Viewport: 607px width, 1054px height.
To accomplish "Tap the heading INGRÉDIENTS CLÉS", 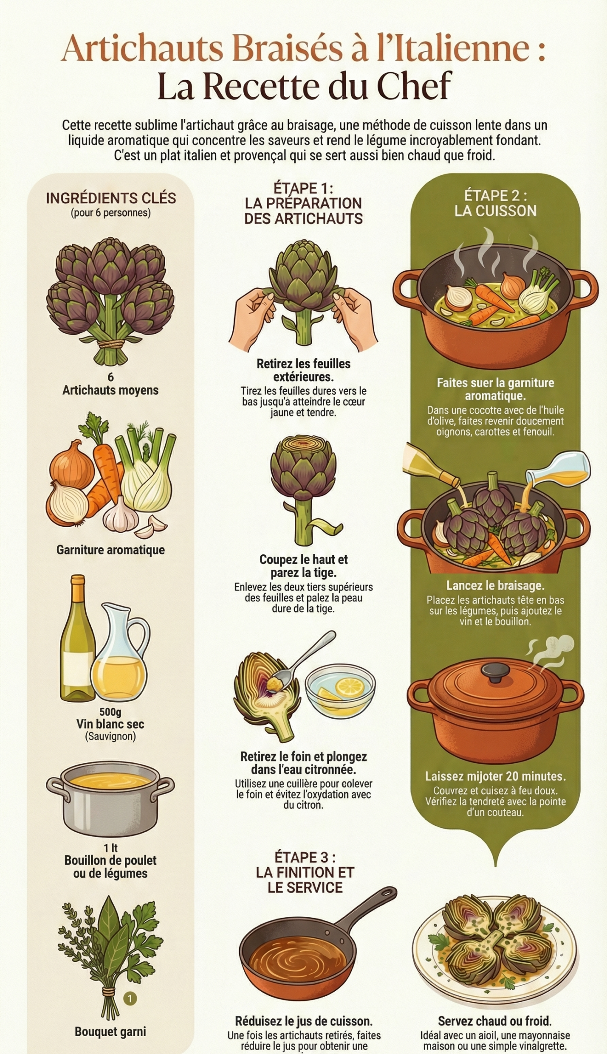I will [x=110, y=198].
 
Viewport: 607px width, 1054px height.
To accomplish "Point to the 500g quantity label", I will [x=110, y=712].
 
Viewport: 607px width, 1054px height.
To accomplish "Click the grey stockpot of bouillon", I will [x=110, y=798].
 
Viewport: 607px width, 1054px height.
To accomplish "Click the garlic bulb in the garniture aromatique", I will [x=121, y=516].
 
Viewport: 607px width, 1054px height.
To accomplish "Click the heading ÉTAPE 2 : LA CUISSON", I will [x=495, y=203].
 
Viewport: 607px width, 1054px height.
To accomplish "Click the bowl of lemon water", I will [x=340, y=690].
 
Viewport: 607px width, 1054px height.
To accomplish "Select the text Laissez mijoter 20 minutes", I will [x=495, y=776].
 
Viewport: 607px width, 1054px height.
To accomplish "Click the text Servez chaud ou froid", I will [x=494, y=1020].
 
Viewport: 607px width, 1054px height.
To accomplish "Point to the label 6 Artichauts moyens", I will [x=110, y=384].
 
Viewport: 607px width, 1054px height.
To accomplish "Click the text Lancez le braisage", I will [x=495, y=586].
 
